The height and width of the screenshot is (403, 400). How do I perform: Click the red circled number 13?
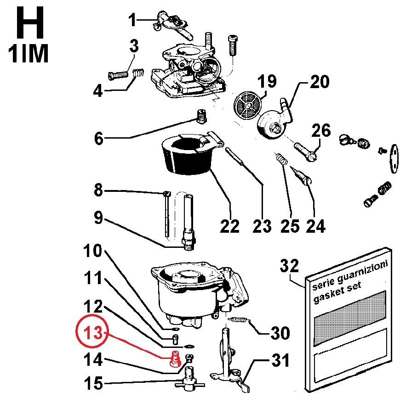click(92, 332)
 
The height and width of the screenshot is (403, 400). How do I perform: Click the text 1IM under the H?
click(28, 54)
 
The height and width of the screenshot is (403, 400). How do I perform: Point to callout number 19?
click(267, 82)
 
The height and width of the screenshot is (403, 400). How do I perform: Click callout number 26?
click(321, 130)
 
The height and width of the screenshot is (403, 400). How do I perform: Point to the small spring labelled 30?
click(238, 319)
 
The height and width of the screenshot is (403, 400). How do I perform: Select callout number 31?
click(280, 361)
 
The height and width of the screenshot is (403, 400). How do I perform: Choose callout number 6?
click(99, 138)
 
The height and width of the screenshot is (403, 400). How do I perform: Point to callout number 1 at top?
click(133, 20)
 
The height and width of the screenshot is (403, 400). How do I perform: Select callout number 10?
click(92, 252)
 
